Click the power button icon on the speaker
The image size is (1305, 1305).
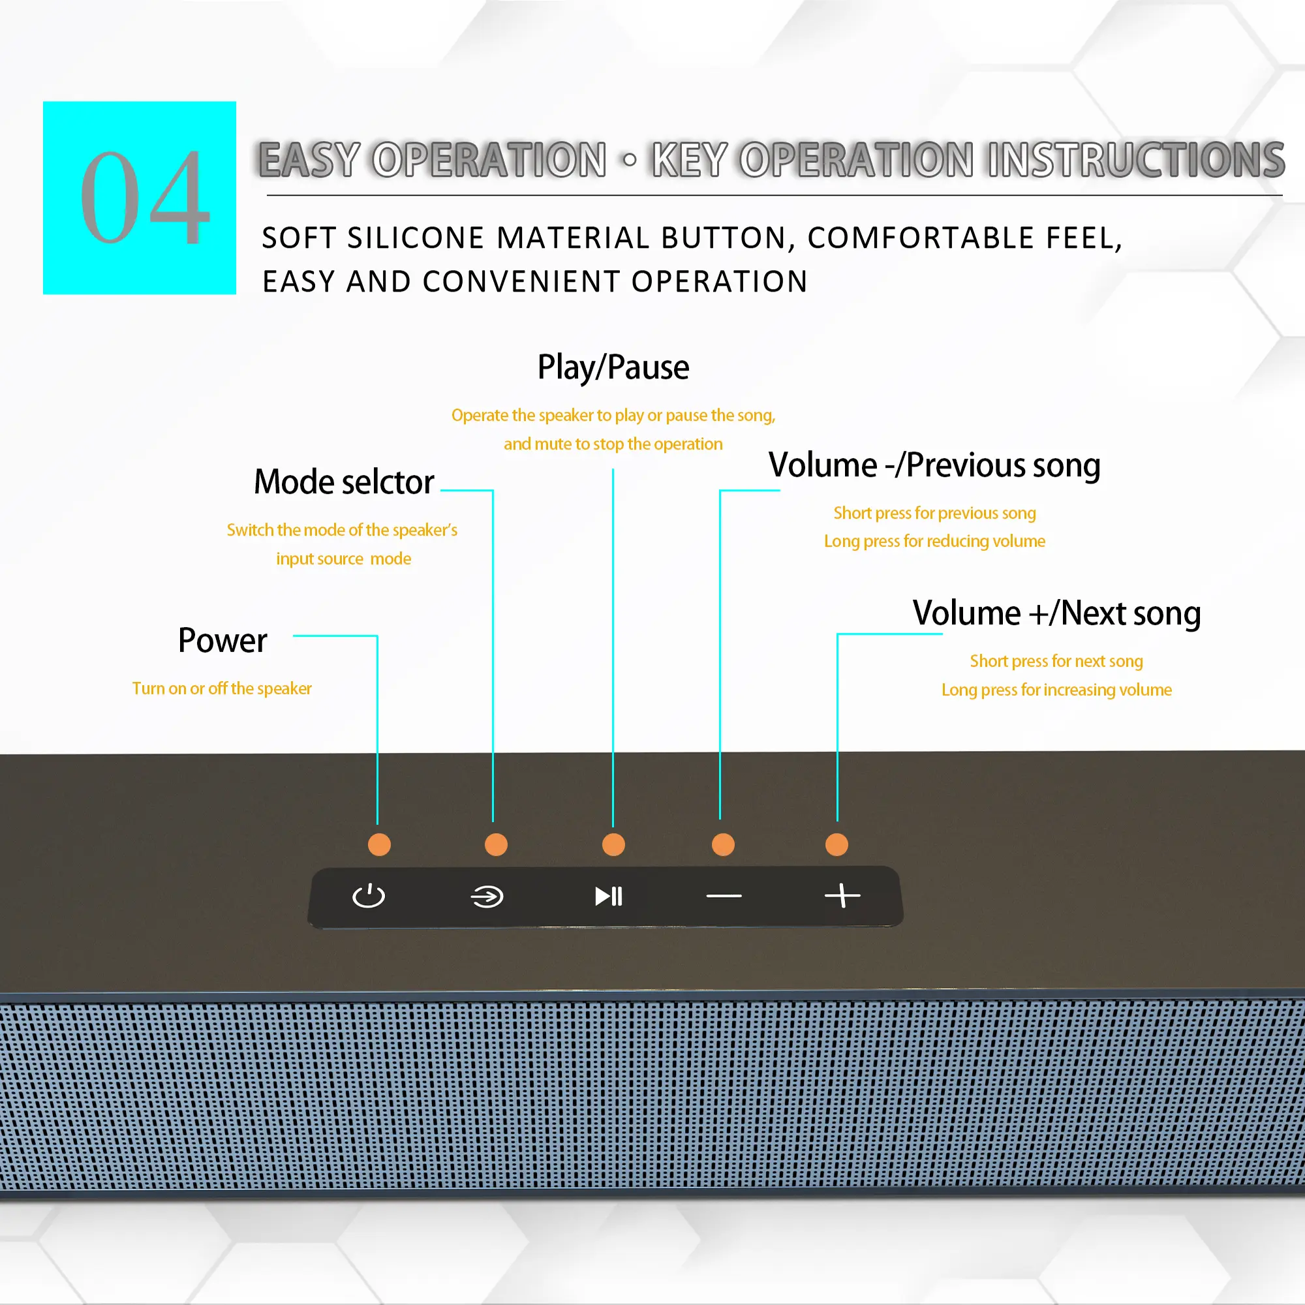pos(369,897)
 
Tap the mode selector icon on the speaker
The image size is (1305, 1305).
pos(487,897)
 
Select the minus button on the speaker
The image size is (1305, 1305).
pos(724,897)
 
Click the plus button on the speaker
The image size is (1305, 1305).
pos(842,896)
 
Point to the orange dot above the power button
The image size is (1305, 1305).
pos(379,844)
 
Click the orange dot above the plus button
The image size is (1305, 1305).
pos(837,844)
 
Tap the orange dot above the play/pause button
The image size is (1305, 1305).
pos(613,844)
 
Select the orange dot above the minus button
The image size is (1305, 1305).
pos(723,844)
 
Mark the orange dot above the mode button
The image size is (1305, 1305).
pos(496,844)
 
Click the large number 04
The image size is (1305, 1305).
pos(144,198)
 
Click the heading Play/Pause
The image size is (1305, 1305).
pos(613,367)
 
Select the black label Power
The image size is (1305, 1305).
pos(223,640)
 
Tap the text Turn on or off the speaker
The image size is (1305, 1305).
pos(222,688)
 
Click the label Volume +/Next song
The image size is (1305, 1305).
pos(1056,613)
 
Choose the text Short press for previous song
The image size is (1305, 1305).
pos(934,513)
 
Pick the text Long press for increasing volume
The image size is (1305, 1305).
pos(1056,690)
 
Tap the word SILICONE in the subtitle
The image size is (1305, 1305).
pos(416,238)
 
